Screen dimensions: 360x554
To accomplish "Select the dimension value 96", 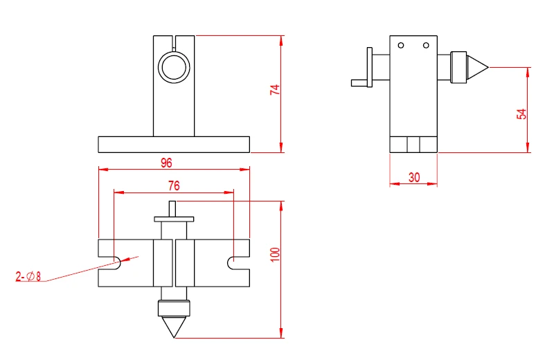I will coord(166,163).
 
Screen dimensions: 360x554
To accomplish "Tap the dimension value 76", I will coord(173,186).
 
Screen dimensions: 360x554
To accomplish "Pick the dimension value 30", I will coord(413,177).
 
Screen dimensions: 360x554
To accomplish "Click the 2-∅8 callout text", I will coord(28,277).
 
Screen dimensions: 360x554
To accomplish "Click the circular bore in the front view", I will coord(174,68).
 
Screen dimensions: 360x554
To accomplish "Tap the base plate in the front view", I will coord(173,144).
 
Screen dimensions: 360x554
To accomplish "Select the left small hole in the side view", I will coord(400,46).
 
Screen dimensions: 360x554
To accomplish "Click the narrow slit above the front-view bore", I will coord(174,44).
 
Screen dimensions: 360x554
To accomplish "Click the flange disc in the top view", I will coord(173,219).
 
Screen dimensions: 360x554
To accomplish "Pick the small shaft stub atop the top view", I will coord(173,208).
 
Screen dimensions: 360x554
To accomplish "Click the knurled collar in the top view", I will coord(173,308).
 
